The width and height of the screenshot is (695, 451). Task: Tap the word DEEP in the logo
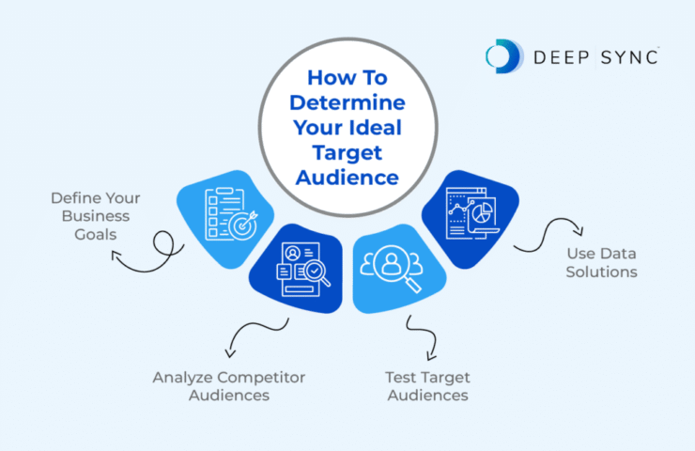pos(553,57)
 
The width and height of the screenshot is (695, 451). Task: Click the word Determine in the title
pos(348,101)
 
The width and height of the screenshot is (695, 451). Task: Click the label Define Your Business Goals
pos(96,215)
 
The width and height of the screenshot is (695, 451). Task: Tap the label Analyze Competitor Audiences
pos(229,386)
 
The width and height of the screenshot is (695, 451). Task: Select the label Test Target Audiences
pos(426,386)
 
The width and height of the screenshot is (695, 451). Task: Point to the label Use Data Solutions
pos(602,262)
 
